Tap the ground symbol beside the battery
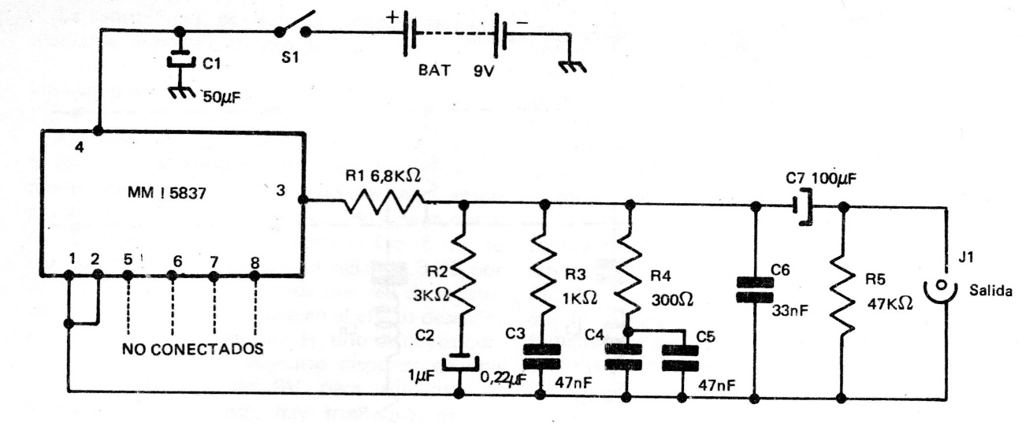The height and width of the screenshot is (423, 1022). tap(567, 69)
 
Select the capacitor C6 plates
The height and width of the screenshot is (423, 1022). tap(754, 288)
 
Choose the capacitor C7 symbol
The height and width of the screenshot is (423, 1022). tap(802, 206)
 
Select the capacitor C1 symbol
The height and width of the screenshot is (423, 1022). tap(180, 61)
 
